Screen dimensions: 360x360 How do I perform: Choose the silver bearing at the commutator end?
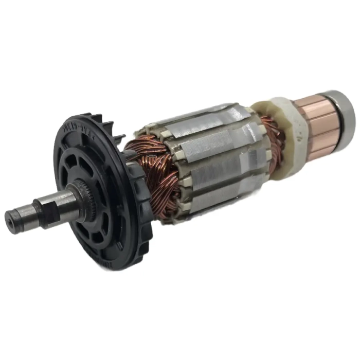[343, 111]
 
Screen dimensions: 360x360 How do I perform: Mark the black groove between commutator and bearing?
[332, 116]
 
